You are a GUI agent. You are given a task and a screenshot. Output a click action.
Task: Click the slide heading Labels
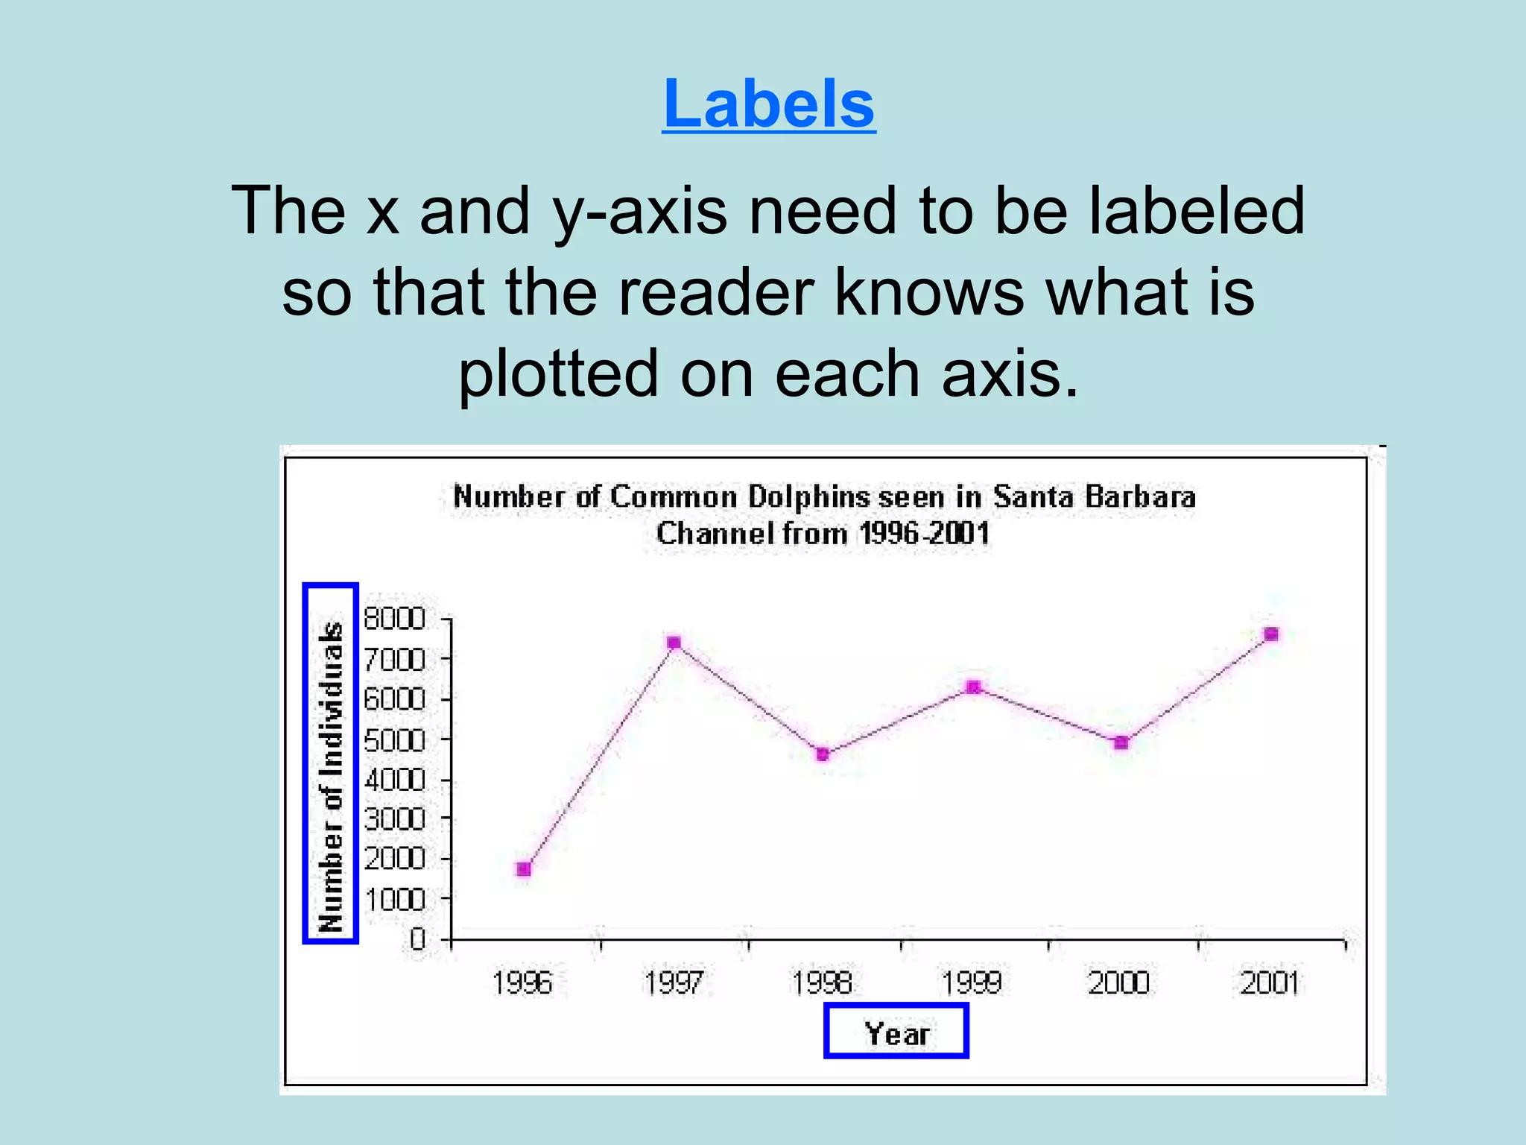coord(768,104)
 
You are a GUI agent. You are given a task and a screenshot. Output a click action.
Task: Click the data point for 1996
coord(524,869)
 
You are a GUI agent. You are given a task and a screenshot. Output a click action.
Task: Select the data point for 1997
coord(674,643)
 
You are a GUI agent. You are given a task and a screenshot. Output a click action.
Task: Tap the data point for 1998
coord(823,754)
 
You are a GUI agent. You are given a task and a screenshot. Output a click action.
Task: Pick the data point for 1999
coord(973,687)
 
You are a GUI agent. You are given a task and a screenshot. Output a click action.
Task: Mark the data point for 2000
coord(1121,742)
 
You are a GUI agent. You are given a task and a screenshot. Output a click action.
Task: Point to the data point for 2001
coord(1272,634)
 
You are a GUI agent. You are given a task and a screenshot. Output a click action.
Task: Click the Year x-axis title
coord(896,1033)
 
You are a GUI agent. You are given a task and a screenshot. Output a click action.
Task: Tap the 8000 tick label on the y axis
coord(394,619)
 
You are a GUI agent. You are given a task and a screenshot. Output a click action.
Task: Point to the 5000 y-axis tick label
coord(394,740)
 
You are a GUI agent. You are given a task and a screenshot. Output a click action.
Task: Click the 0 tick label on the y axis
coord(417,939)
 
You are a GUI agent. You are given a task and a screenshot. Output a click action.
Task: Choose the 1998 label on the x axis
coord(823,983)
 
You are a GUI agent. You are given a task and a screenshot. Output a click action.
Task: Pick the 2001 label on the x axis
coord(1270,983)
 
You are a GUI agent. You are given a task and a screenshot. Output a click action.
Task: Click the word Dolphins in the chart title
coord(809,497)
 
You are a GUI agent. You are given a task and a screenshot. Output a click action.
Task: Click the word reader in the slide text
coord(715,292)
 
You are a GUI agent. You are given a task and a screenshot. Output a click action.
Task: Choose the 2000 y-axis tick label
coord(394,859)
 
